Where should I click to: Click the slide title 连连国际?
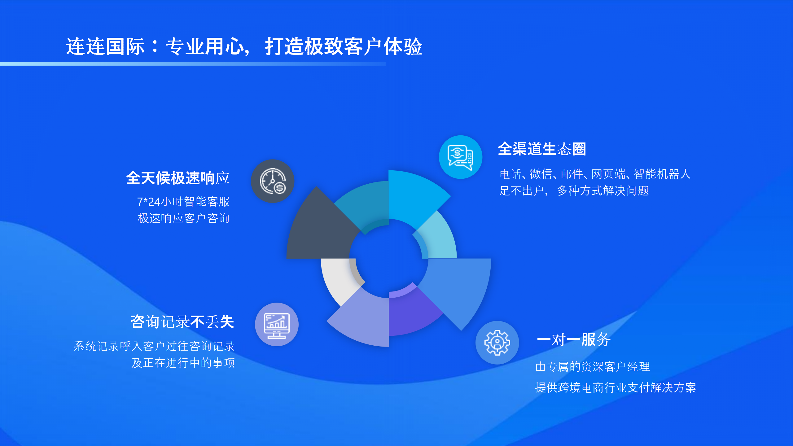coord(105,46)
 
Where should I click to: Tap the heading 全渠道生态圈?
coord(542,149)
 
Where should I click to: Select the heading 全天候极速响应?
coord(178,178)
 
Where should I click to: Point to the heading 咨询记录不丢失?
coord(182,322)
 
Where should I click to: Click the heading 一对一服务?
coord(574,340)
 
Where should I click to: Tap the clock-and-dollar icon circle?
coord(273,181)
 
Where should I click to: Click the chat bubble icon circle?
coord(461,157)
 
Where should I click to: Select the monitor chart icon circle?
coord(277,324)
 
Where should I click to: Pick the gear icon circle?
coord(497,343)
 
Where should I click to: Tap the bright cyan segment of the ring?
coord(412,195)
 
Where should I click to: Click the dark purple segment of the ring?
coord(412,313)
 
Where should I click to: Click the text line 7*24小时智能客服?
coord(183,202)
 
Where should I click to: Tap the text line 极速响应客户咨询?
coord(184,218)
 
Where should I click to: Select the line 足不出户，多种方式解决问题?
coord(574,191)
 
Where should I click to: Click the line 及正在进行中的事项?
coord(183,363)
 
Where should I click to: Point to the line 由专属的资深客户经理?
coord(593,367)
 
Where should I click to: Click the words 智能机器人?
coord(662,174)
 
